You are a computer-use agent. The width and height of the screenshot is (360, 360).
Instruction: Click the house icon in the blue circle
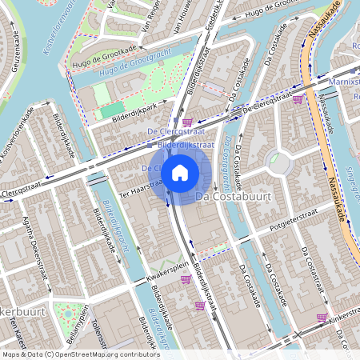[x=180, y=172]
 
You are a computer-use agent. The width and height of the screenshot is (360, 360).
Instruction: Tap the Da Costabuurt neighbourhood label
[x=234, y=195]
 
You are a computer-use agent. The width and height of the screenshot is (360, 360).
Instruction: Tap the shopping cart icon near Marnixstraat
[x=298, y=99]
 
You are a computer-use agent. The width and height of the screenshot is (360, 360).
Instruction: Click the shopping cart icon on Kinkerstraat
[x=322, y=318]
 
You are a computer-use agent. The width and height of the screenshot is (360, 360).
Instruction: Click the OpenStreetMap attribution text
[x=80, y=354]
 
